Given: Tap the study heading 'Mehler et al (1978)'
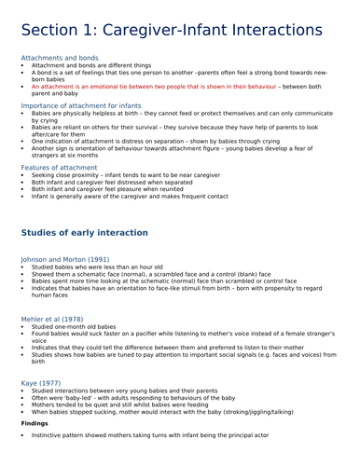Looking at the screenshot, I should click(x=55, y=320).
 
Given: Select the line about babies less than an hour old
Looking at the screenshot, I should click(x=97, y=267).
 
